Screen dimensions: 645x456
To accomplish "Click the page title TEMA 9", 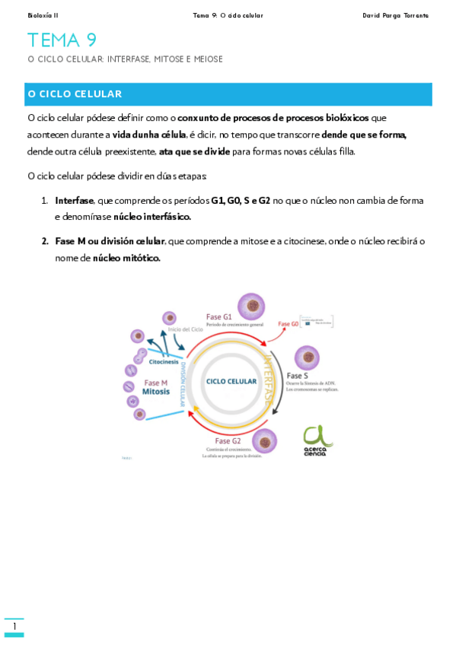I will pos(62,40).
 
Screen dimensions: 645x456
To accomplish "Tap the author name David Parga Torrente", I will pos(395,15).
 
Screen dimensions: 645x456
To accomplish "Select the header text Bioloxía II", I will pos(43,15).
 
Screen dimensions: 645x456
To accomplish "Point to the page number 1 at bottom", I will pos(14,627).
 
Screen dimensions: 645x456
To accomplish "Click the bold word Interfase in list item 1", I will pos(75,201).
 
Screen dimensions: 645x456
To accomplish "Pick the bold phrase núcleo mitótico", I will pos(126,258).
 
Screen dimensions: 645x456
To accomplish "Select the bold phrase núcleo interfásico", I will pos(152,217).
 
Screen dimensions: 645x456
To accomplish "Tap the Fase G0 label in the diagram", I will pos(289,324).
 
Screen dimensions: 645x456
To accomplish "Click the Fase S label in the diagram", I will pos(297,376).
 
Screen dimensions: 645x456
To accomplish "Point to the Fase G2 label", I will pos(228,441).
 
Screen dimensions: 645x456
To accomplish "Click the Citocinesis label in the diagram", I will pos(164,362).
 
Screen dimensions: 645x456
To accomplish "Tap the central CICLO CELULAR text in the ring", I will pos(231,381).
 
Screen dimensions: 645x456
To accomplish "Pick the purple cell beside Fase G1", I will pos(250,307).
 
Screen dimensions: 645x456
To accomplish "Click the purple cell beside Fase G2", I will pos(265,441).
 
